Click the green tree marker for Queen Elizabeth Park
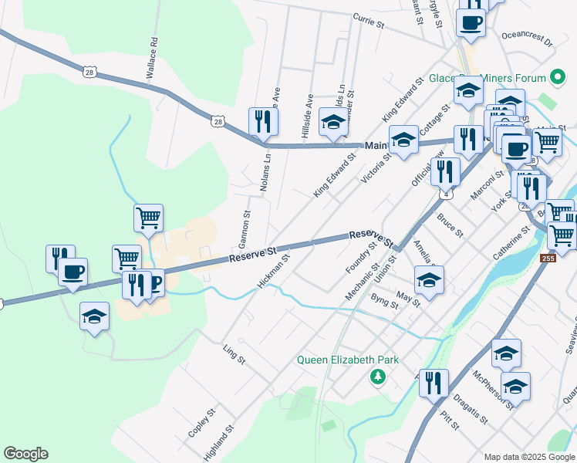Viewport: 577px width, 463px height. click(377, 377)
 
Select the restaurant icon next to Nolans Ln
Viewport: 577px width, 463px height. click(263, 121)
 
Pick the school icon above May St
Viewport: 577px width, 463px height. click(429, 280)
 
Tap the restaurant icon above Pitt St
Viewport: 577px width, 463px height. click(434, 383)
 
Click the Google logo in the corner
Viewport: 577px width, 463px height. click(25, 454)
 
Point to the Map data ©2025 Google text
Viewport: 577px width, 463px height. click(529, 457)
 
